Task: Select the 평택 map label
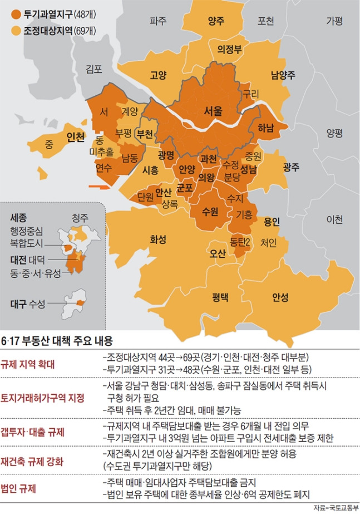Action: click(220, 296)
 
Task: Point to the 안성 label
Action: click(280, 297)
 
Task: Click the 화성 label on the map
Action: click(158, 239)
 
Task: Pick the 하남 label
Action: click(266, 128)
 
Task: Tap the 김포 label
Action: click(95, 70)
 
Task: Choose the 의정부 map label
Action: click(229, 49)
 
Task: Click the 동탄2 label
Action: click(240, 242)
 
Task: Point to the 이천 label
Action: click(335, 219)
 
